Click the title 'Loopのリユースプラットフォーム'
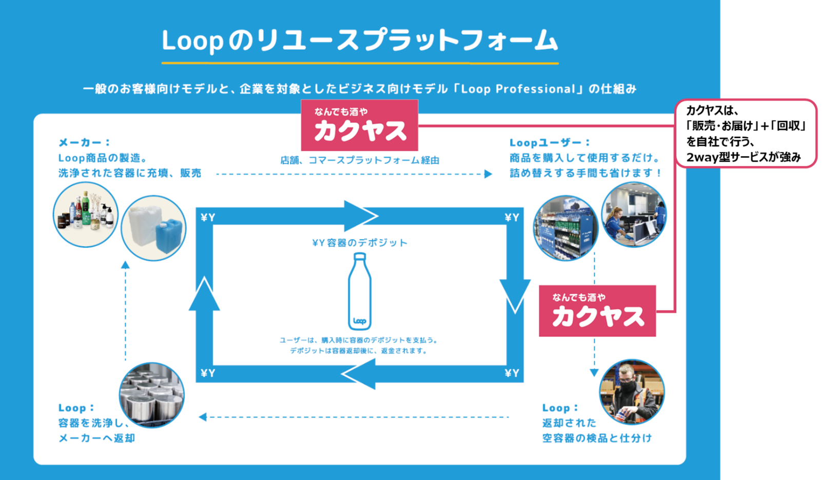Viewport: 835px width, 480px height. [359, 41]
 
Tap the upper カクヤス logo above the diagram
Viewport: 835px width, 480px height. [359, 125]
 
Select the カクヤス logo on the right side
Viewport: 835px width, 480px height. [597, 311]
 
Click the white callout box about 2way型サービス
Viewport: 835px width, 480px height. [746, 133]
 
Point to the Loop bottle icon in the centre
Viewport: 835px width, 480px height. [360, 291]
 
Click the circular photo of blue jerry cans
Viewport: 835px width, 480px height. [153, 228]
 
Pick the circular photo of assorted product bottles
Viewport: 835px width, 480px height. [86, 215]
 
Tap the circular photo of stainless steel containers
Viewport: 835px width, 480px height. [151, 395]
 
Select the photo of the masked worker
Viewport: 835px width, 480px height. [632, 392]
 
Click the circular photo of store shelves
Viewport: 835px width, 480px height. [566, 228]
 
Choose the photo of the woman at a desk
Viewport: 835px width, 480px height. [634, 215]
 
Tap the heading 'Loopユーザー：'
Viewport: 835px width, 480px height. [550, 143]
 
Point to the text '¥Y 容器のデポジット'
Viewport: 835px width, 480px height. [360, 243]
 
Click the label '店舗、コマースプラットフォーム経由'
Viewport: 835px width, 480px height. [360, 160]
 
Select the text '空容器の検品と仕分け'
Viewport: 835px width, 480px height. [597, 438]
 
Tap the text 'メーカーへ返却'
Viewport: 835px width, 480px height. [96, 438]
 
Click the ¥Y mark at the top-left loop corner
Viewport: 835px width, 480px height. [208, 218]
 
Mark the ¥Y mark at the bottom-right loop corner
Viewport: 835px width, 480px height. [512, 373]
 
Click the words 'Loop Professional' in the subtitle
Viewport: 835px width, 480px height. [518, 89]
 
